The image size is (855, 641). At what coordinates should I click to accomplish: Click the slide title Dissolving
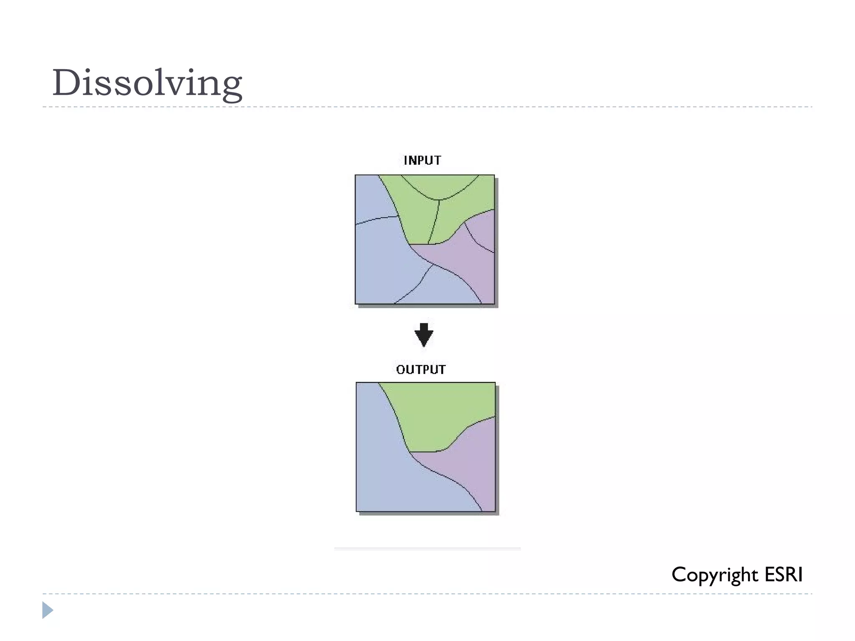point(147,83)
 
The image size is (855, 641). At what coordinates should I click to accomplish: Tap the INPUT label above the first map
point(422,161)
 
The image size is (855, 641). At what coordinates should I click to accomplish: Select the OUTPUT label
point(421,370)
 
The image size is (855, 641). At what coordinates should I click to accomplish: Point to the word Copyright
point(714,575)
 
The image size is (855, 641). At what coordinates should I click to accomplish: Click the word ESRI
point(784,575)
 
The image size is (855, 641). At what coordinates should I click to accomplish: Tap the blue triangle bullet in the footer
point(48,610)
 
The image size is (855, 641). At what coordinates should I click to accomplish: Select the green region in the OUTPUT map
point(443,413)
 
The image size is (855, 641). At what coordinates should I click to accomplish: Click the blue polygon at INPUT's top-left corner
point(372,196)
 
